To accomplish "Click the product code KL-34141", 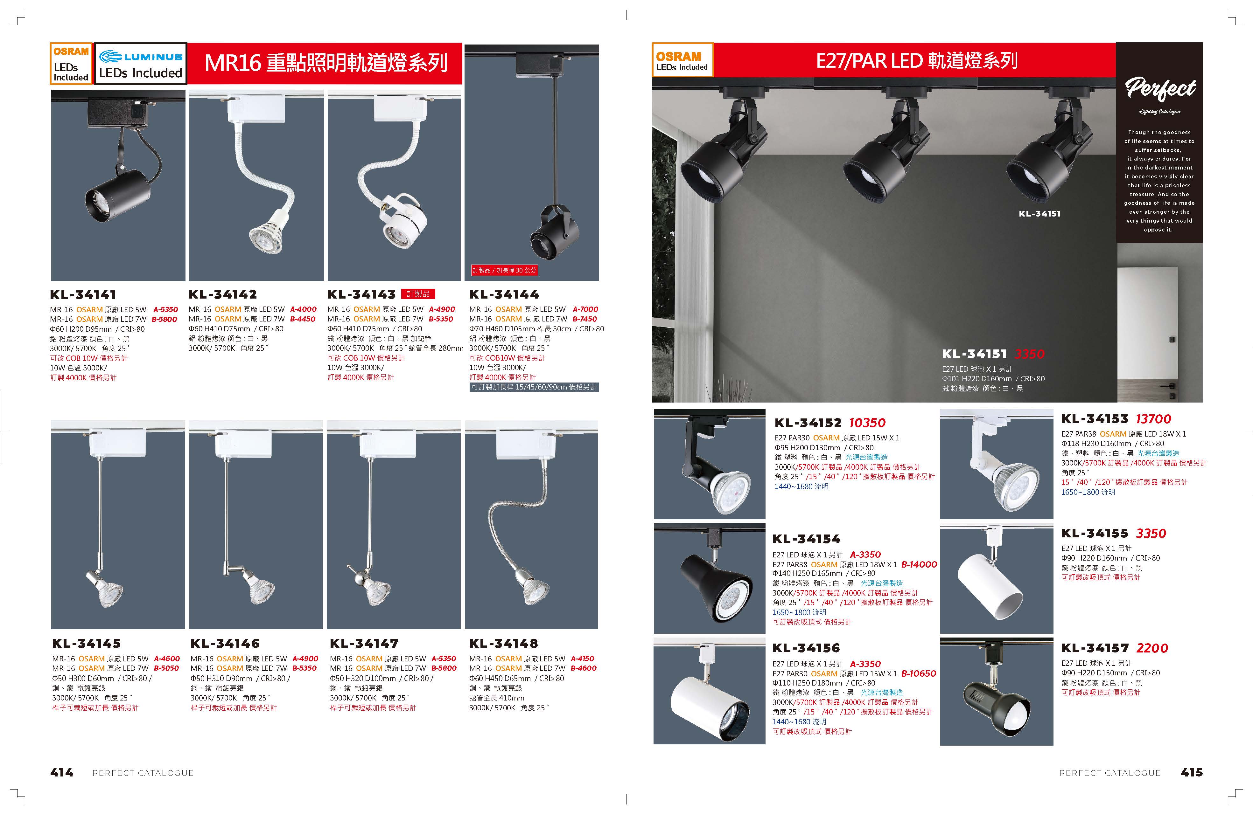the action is pyautogui.click(x=83, y=295).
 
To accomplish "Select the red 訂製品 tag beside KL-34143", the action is pyautogui.click(x=418, y=294).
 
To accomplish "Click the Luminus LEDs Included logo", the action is pyautogui.click(x=141, y=63).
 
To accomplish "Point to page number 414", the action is pyautogui.click(x=62, y=772).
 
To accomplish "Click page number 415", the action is pyautogui.click(x=1191, y=772).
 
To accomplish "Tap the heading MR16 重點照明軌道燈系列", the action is pyautogui.click(x=326, y=63).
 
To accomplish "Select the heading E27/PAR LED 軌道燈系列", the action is pyautogui.click(x=917, y=60).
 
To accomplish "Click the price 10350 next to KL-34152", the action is pyautogui.click(x=867, y=423).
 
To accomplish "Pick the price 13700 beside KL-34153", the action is pyautogui.click(x=1153, y=419).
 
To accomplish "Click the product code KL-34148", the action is pyautogui.click(x=503, y=644).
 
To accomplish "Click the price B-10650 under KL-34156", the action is pyautogui.click(x=919, y=673).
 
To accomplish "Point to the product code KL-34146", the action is pyautogui.click(x=225, y=644).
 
